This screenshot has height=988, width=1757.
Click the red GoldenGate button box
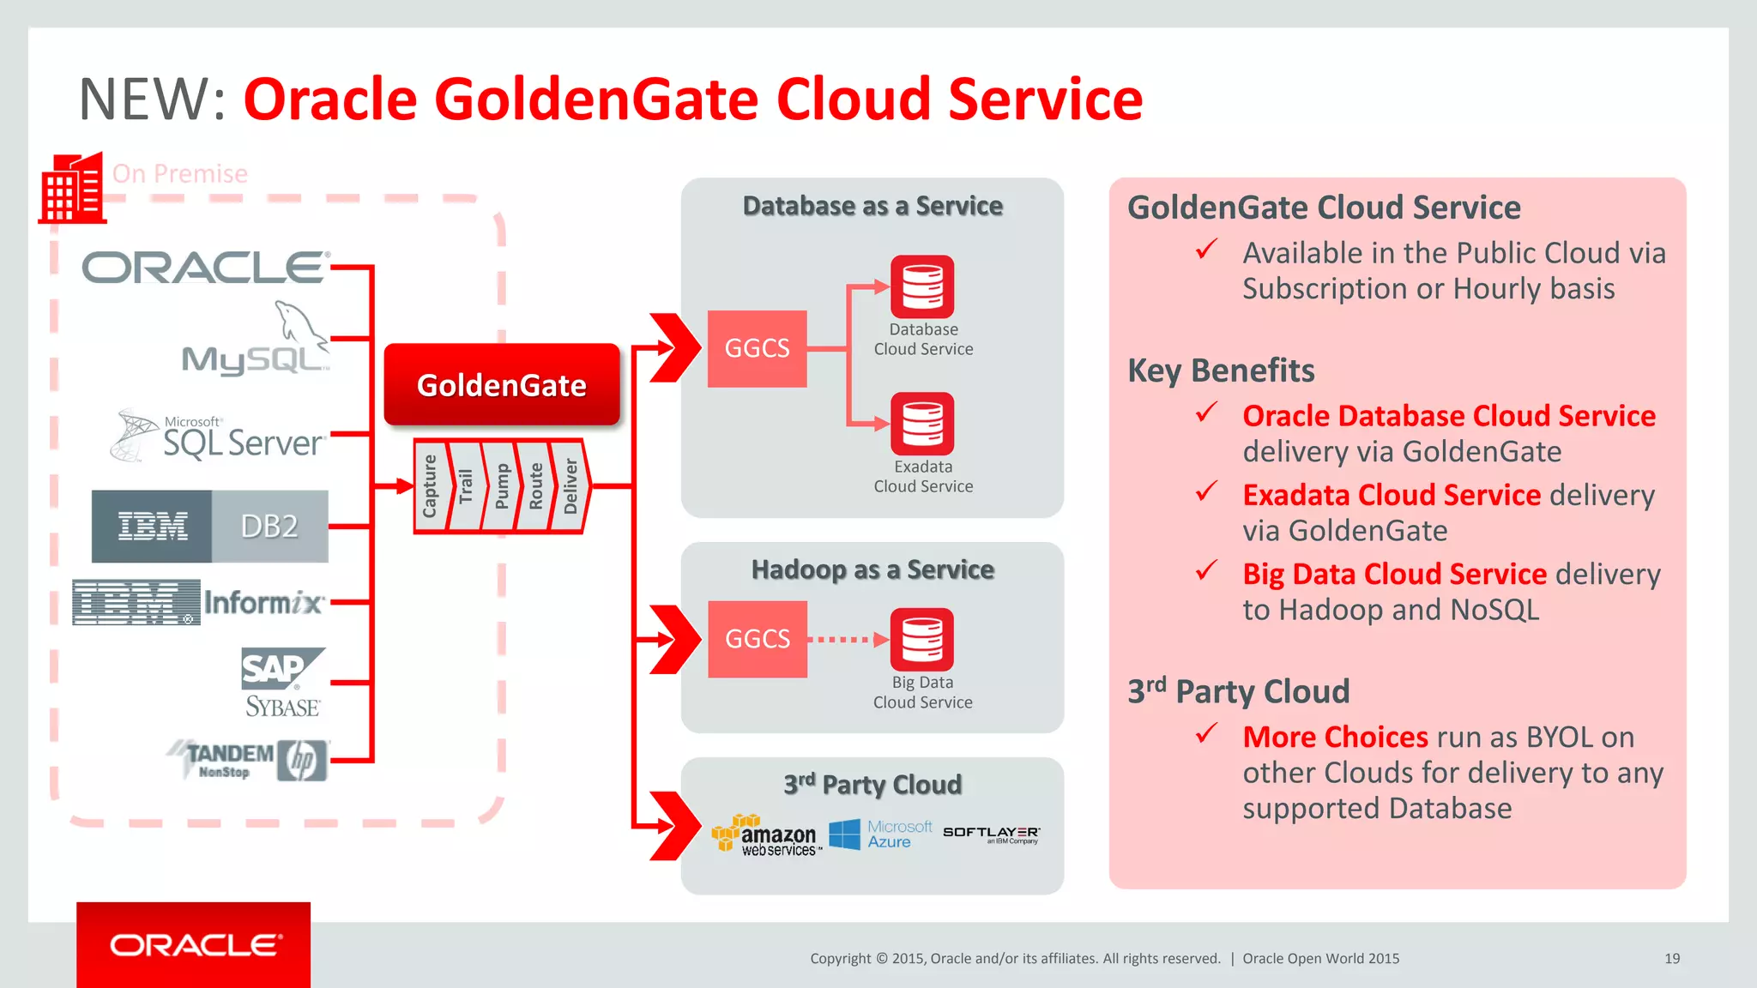point(502,385)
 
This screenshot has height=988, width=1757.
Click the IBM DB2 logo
point(210,526)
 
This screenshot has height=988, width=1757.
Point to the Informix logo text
point(263,603)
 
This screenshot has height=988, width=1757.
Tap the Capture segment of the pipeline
point(430,486)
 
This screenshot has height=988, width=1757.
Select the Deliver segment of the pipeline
point(571,486)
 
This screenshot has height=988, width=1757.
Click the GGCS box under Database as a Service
point(757,348)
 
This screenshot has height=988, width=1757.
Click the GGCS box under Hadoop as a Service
point(757,639)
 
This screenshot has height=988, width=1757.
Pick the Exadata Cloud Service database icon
point(922,424)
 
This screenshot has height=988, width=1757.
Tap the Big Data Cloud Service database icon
point(922,640)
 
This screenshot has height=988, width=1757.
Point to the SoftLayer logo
point(991,834)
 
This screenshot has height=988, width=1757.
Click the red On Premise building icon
point(72,189)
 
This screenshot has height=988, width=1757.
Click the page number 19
point(1672,958)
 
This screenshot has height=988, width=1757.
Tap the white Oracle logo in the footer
point(195,945)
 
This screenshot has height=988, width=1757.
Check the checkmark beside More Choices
point(1206,733)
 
